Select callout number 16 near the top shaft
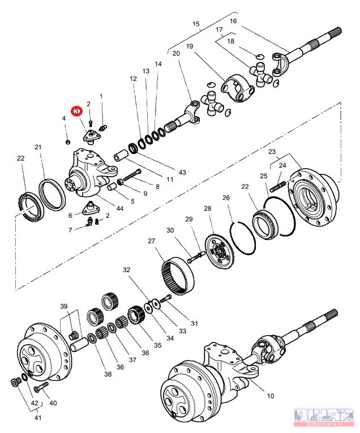pyautogui.click(x=233, y=21)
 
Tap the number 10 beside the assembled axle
pyautogui.click(x=270, y=396)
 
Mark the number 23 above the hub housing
pyautogui.click(x=272, y=152)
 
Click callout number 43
pyautogui.click(x=182, y=172)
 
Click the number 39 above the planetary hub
pyautogui.click(x=64, y=306)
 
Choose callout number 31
pyautogui.click(x=194, y=323)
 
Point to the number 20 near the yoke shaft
pyautogui.click(x=176, y=53)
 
